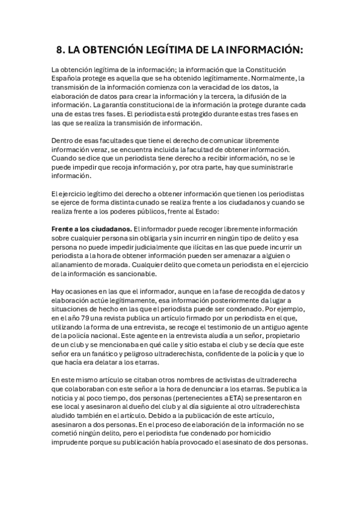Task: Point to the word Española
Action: tap(69, 79)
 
